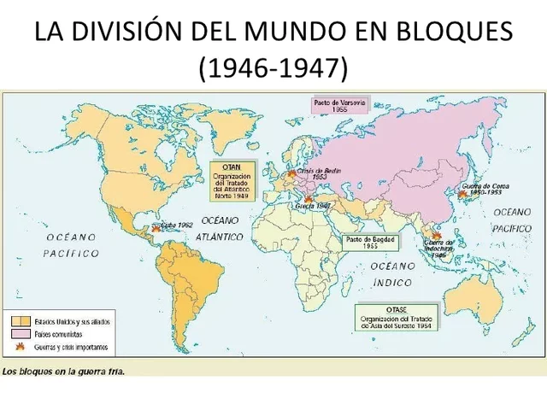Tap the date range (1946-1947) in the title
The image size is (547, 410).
pyautogui.click(x=273, y=68)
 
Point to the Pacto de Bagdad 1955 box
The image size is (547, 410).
pyautogui.click(x=371, y=242)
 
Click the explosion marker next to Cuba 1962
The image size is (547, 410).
pyautogui.click(x=155, y=228)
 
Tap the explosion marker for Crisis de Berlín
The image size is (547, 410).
pyautogui.click(x=292, y=173)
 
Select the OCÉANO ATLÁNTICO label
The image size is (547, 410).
pyautogui.click(x=221, y=226)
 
